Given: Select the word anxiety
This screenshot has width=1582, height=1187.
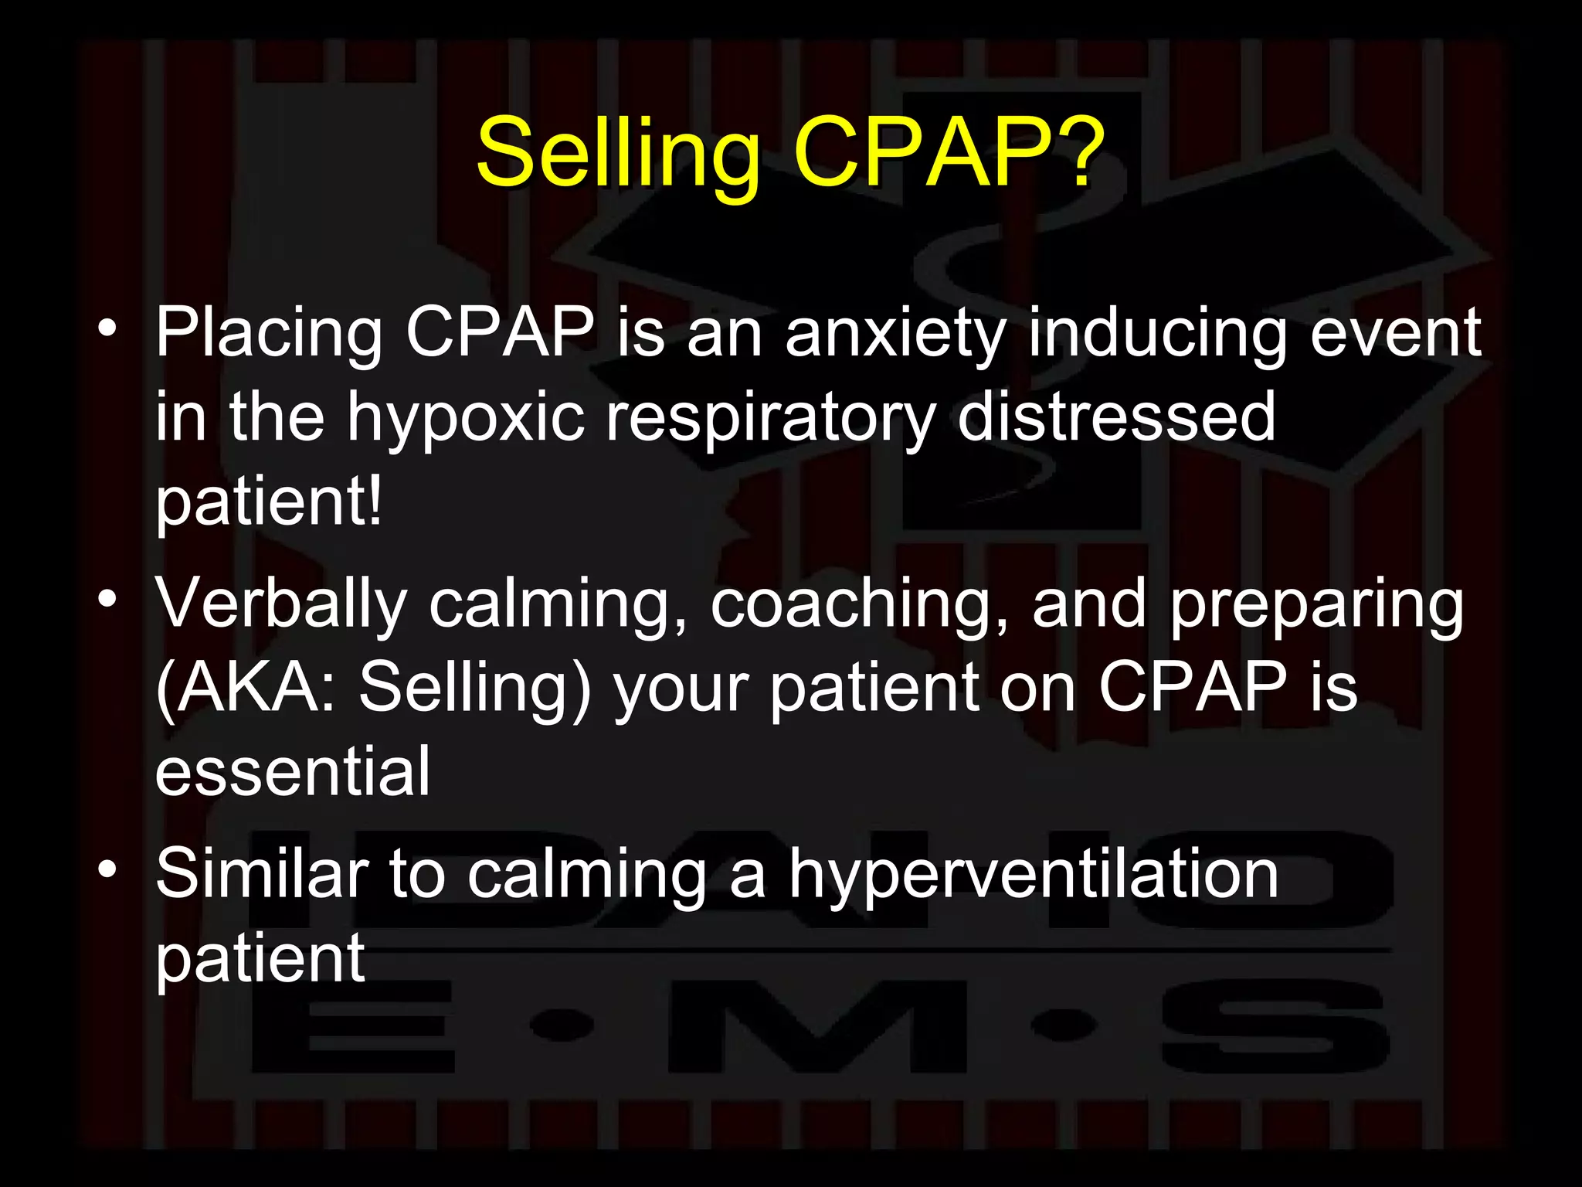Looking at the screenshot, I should [x=895, y=335].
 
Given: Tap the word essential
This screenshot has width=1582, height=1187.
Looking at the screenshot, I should [x=293, y=770].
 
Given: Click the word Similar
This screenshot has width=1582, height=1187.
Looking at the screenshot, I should [x=262, y=874].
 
